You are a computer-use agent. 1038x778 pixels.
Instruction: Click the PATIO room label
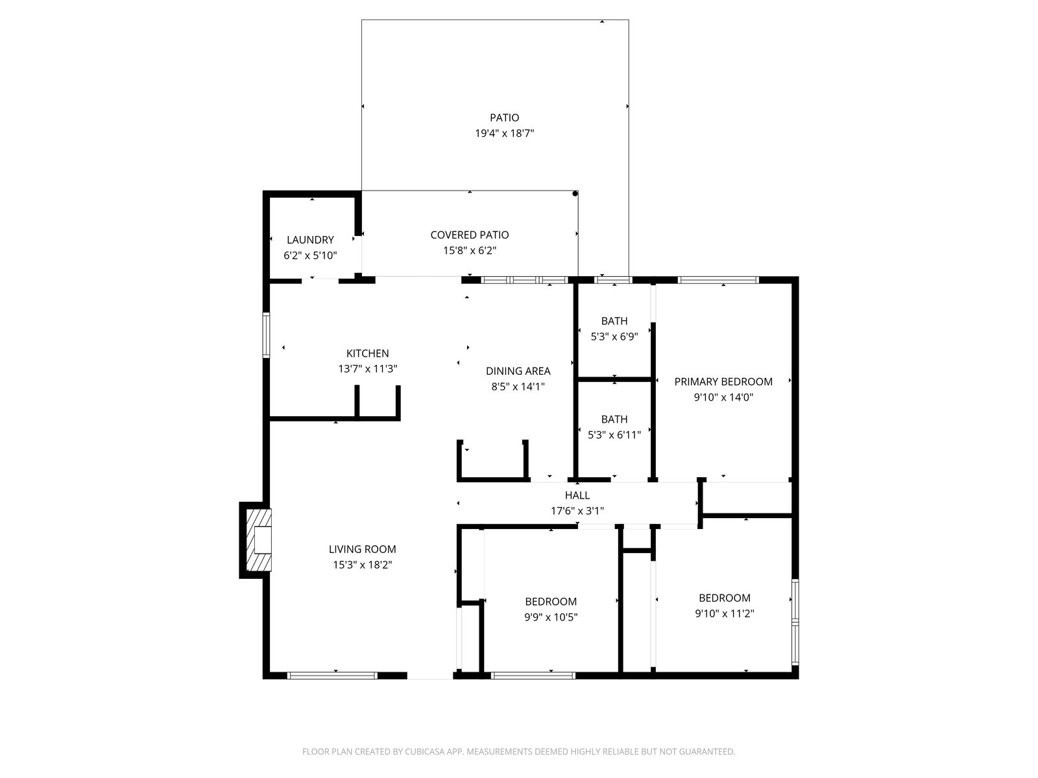click(x=504, y=117)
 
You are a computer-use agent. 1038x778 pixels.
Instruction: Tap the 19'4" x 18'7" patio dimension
click(x=504, y=133)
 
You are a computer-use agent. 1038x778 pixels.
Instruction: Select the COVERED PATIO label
click(x=469, y=235)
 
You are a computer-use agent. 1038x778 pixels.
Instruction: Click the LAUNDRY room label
click(x=310, y=239)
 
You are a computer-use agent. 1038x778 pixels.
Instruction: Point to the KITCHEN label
click(x=367, y=353)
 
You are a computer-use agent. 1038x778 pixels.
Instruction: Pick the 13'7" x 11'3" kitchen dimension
click(x=367, y=369)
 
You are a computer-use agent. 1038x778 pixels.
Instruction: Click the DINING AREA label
click(x=518, y=371)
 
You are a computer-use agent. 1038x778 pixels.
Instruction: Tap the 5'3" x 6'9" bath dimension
click(x=614, y=336)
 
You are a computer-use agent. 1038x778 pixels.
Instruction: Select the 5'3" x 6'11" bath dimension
click(x=614, y=434)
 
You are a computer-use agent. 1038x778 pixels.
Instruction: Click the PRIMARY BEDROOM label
click(x=723, y=382)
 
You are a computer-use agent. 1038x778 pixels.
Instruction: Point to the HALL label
click(x=577, y=495)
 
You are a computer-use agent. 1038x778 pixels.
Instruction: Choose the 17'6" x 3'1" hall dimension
click(x=577, y=511)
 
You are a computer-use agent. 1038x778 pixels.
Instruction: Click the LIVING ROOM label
click(x=362, y=549)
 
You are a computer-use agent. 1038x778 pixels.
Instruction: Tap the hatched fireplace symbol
click(x=259, y=539)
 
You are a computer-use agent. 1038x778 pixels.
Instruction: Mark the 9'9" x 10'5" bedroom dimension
click(x=550, y=617)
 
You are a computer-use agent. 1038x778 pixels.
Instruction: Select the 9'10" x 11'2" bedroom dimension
click(x=724, y=613)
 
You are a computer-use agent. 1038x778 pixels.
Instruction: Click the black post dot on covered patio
click(x=575, y=194)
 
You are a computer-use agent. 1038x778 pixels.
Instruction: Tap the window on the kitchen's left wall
click(x=266, y=335)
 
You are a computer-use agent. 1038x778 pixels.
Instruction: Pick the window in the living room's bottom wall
click(x=332, y=676)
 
